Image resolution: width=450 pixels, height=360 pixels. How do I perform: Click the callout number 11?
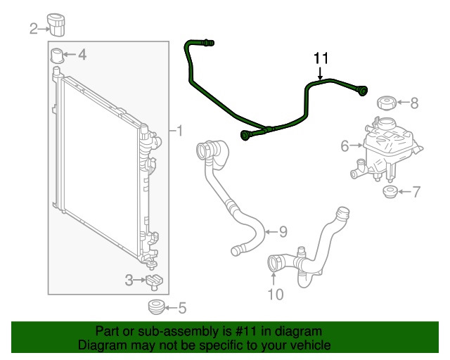[x=321, y=58]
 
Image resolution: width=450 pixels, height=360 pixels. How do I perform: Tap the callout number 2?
[x=34, y=29]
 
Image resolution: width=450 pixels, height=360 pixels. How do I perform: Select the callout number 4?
[x=82, y=54]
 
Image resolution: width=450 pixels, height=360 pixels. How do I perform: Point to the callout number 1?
[x=180, y=131]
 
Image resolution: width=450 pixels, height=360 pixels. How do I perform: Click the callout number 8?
[x=414, y=103]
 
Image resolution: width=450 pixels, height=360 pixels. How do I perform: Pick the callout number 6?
[x=345, y=146]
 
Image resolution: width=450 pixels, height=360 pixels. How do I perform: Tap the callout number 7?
[x=416, y=192]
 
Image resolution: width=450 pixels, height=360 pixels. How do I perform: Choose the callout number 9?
[x=283, y=231]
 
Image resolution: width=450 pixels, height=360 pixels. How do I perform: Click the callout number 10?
[x=276, y=295]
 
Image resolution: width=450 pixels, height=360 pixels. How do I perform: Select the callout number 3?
[x=129, y=280]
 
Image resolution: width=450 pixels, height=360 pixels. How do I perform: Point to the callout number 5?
[x=183, y=308]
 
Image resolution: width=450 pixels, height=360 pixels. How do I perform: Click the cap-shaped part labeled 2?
[x=56, y=25]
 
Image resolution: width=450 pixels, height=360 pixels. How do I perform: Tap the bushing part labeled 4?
[x=57, y=56]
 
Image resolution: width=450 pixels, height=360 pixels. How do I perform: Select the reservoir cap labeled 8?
[x=387, y=103]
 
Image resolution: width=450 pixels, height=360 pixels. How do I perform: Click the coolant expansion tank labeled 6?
[x=386, y=149]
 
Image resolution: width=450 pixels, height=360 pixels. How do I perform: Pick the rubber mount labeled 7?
[x=390, y=192]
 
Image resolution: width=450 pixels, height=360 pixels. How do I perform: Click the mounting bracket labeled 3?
[x=155, y=282]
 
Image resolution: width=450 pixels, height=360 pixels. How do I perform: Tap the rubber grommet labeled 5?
[x=157, y=307]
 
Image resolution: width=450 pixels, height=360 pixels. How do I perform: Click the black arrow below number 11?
[x=321, y=74]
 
